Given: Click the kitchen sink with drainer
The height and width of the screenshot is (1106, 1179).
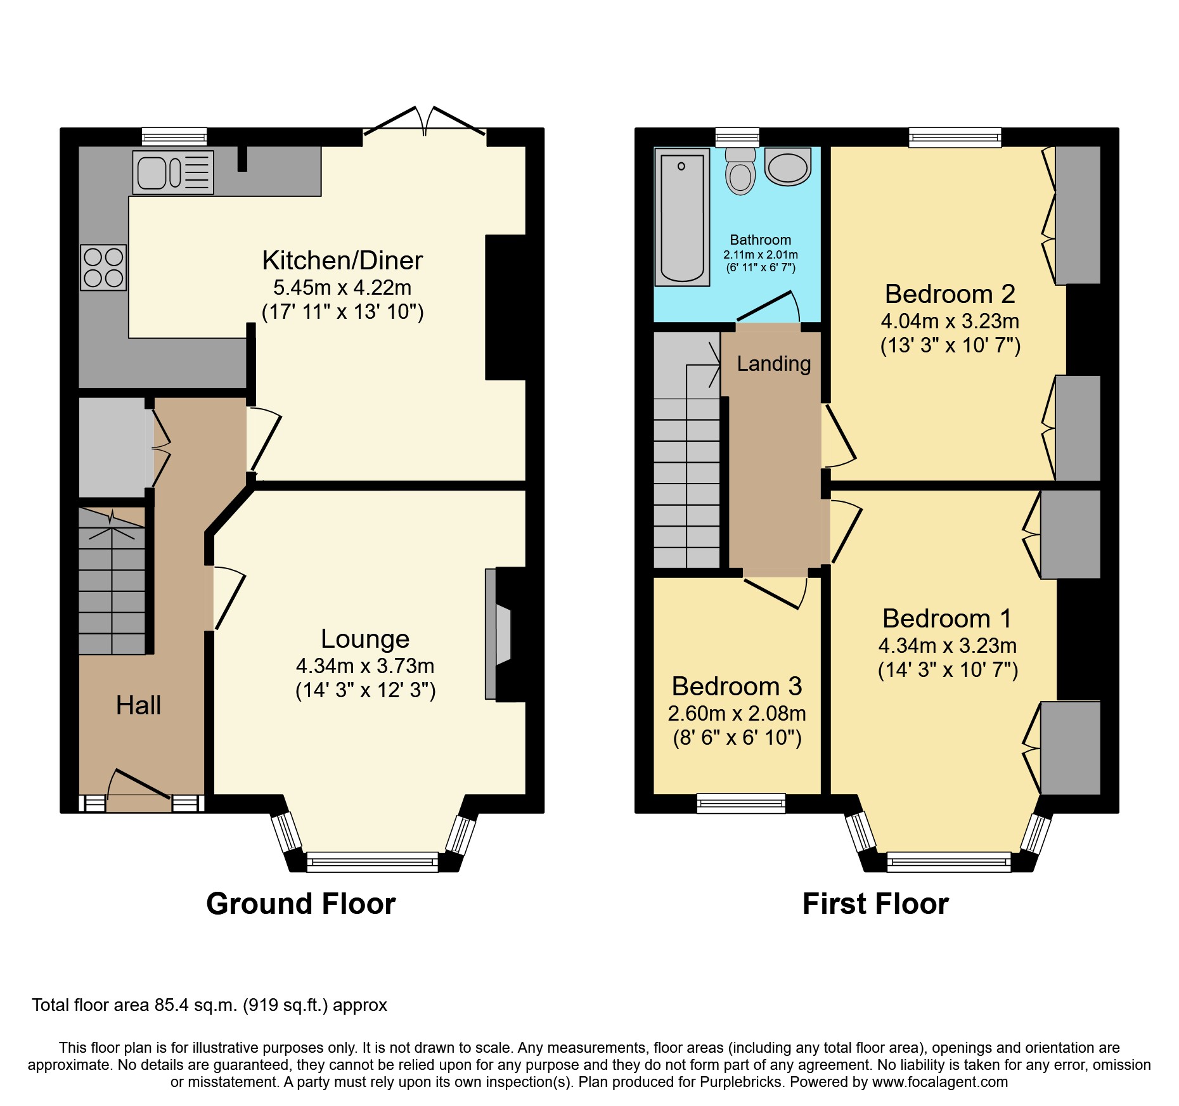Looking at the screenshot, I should tap(172, 172).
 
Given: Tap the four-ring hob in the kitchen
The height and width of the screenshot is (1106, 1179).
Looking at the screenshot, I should tap(103, 267).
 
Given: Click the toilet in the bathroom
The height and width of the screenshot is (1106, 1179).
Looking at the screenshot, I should tap(740, 171).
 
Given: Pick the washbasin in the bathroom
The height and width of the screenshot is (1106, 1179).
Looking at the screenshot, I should tap(788, 166).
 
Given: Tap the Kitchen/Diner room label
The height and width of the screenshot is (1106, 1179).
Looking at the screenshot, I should tap(342, 260).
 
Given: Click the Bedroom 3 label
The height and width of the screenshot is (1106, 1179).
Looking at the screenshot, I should tap(737, 686).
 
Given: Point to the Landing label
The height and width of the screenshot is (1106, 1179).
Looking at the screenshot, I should tap(773, 363).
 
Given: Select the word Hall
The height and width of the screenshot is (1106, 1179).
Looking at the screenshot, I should tap(138, 705).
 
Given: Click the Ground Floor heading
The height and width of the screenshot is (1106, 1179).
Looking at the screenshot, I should tap(300, 904).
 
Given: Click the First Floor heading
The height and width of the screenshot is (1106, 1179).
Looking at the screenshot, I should tap(875, 904).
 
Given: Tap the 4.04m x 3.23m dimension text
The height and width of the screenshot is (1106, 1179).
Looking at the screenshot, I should tap(950, 321).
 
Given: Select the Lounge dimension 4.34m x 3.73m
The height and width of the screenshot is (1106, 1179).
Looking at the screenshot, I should tap(365, 666).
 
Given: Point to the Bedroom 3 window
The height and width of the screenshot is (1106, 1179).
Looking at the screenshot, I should tap(740, 803).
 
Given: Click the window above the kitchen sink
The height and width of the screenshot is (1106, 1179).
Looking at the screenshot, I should tap(174, 136).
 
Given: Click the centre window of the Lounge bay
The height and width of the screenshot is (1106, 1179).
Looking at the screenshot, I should tap(372, 862).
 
